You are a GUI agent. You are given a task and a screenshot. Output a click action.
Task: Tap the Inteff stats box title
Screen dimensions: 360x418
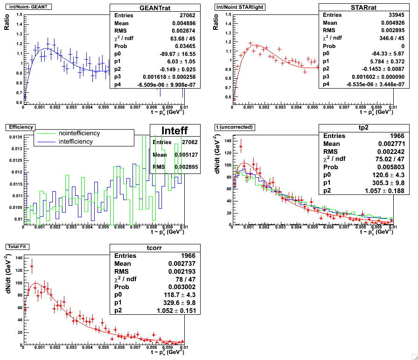pyautogui.click(x=174, y=131)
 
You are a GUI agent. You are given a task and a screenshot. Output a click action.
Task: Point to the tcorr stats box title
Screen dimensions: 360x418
pyautogui.click(x=154, y=248)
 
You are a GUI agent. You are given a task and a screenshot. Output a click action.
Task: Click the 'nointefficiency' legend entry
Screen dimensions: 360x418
pyautogui.click(x=79, y=133)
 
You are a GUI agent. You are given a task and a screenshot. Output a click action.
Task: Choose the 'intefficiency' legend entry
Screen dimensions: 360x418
pyautogui.click(x=76, y=141)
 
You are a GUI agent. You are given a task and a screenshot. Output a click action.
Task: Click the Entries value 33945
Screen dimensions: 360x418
pyautogui.click(x=381, y=15)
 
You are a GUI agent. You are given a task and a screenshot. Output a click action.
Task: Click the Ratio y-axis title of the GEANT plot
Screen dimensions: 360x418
pyautogui.click(x=7, y=21)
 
